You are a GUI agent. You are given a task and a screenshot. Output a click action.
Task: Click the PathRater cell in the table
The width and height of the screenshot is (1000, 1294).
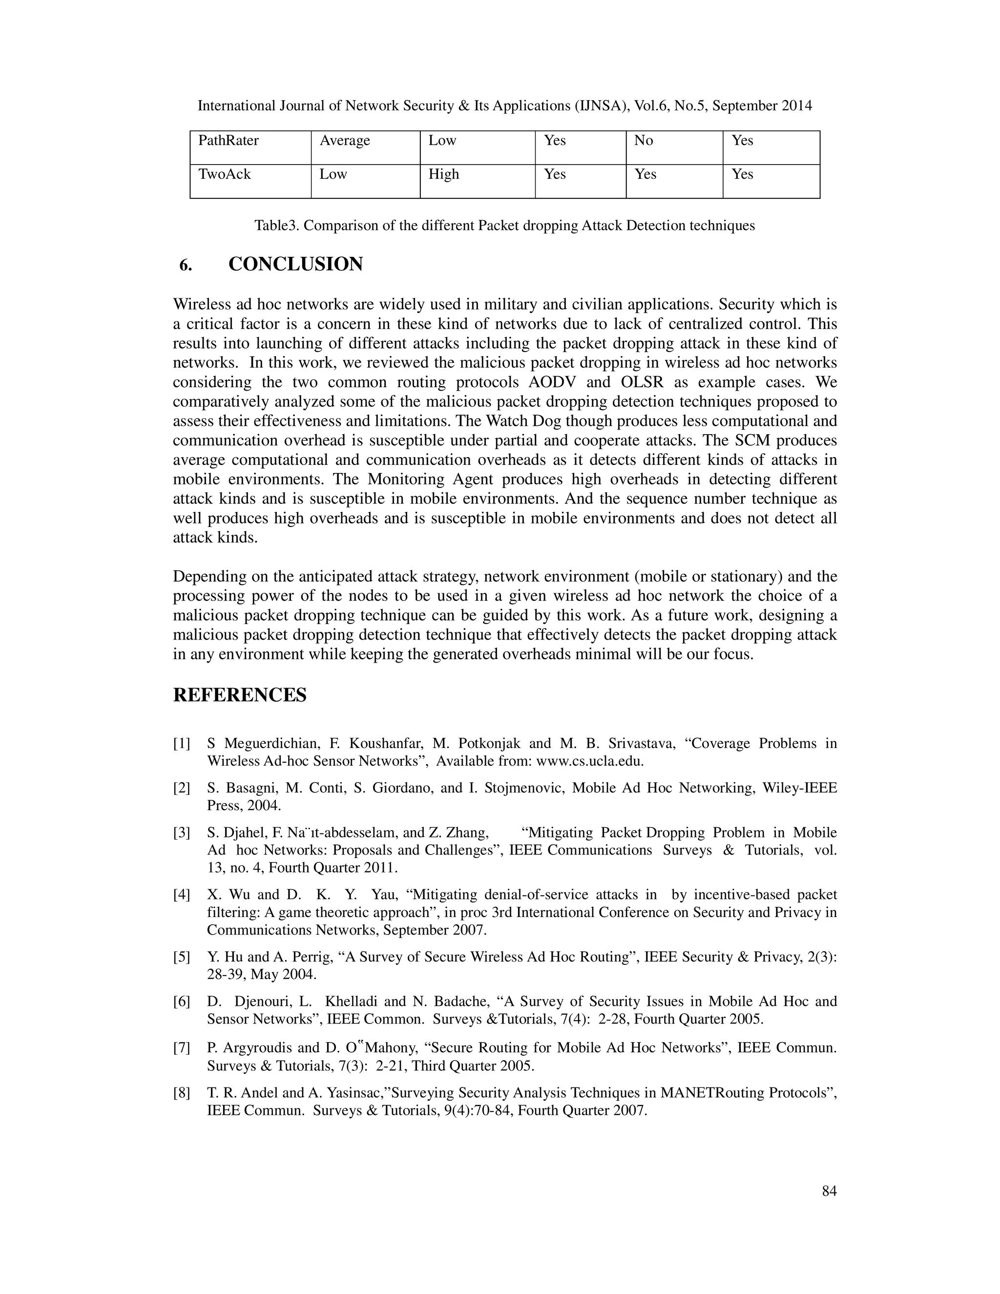coord(228,141)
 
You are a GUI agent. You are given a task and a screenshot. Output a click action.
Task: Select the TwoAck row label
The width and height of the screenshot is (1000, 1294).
coord(225,174)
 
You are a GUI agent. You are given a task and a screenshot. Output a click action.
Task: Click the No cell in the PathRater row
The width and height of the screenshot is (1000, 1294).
coord(644,141)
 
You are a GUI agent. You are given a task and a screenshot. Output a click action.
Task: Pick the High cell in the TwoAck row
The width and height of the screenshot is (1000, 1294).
coord(444,174)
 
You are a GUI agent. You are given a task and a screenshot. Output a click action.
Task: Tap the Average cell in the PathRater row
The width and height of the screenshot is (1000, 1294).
coord(345,141)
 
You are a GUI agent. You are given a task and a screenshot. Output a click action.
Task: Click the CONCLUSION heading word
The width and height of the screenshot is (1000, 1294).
coord(295,264)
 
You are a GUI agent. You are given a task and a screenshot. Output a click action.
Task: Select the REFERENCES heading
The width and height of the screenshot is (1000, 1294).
coord(240,695)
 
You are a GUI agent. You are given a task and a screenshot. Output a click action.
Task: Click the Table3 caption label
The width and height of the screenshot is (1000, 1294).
coord(277,226)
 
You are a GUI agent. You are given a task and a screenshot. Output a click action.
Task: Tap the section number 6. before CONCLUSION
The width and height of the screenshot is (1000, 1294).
coord(186,266)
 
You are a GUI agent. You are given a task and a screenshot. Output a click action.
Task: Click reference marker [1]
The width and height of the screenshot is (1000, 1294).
coord(181,744)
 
